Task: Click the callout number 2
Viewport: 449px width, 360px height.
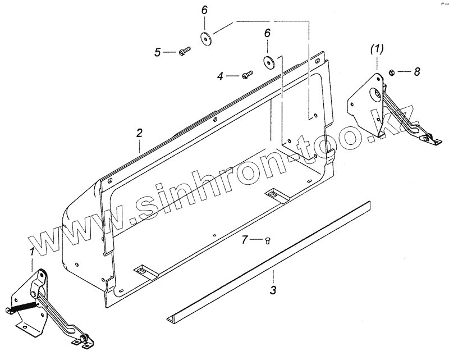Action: click(x=139, y=133)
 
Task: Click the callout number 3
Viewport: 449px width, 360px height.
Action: click(x=273, y=290)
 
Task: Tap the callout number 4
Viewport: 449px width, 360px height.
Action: click(x=220, y=76)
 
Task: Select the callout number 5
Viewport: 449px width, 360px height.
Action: click(x=157, y=52)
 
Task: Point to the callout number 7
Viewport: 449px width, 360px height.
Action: click(x=244, y=240)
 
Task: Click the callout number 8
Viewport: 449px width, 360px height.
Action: click(x=417, y=71)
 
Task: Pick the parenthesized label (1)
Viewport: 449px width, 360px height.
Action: click(x=377, y=49)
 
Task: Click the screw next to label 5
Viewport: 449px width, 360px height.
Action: click(x=185, y=51)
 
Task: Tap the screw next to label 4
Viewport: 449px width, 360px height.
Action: click(x=248, y=75)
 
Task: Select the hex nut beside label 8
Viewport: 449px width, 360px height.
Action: click(x=391, y=72)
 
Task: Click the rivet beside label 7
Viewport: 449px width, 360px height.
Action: click(x=268, y=240)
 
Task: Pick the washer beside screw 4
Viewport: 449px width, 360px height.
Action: click(x=268, y=61)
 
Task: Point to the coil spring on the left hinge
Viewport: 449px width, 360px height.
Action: click(x=24, y=307)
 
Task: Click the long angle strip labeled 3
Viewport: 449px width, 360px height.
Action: click(x=268, y=261)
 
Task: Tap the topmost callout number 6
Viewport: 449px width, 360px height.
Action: click(x=204, y=11)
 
